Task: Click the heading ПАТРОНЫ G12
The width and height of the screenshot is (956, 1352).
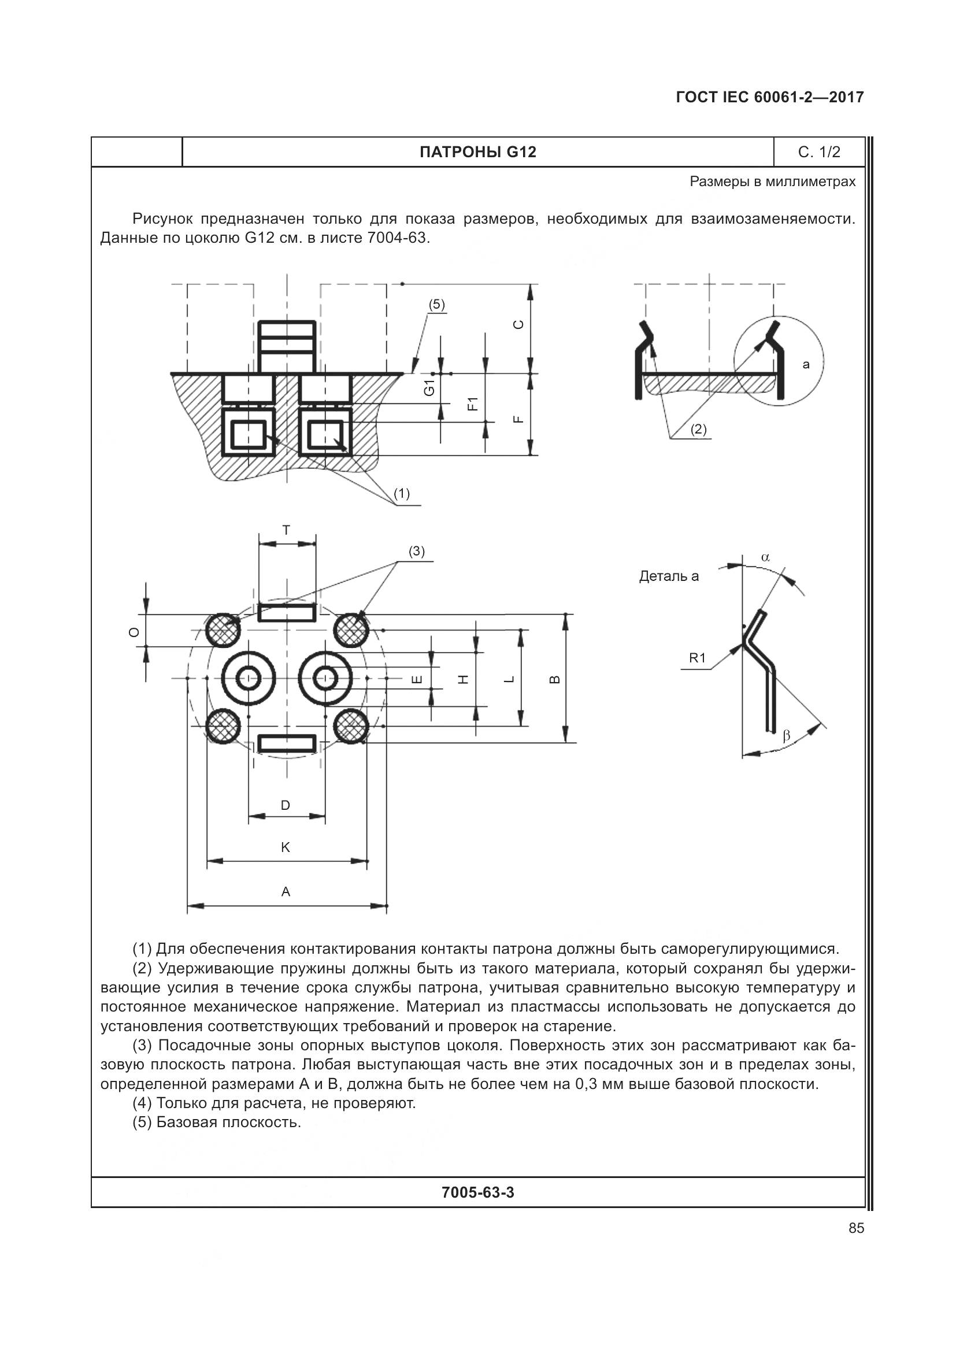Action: click(x=477, y=152)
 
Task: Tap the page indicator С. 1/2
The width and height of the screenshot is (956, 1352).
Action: click(x=819, y=152)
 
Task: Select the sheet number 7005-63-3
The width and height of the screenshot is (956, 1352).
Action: click(x=477, y=1192)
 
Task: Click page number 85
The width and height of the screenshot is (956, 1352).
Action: click(x=857, y=1228)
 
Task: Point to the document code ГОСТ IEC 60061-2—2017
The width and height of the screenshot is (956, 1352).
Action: click(x=770, y=97)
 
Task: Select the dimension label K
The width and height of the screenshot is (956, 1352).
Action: click(x=286, y=847)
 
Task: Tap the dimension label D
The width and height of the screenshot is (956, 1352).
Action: click(x=286, y=805)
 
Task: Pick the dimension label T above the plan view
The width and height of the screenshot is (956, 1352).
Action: click(x=286, y=530)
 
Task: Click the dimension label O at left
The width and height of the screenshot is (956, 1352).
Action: click(x=135, y=632)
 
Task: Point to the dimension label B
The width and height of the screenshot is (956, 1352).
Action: click(x=554, y=679)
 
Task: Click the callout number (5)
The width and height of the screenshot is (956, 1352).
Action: click(x=436, y=305)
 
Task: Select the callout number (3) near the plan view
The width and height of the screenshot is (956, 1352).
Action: click(x=417, y=551)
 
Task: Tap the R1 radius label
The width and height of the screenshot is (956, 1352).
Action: click(x=697, y=658)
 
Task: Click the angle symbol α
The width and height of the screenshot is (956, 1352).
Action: click(x=765, y=557)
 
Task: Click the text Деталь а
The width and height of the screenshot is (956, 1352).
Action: click(x=669, y=576)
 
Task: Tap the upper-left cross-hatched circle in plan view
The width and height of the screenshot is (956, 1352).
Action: click(x=223, y=630)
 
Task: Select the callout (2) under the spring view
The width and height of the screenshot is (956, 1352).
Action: click(x=698, y=429)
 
